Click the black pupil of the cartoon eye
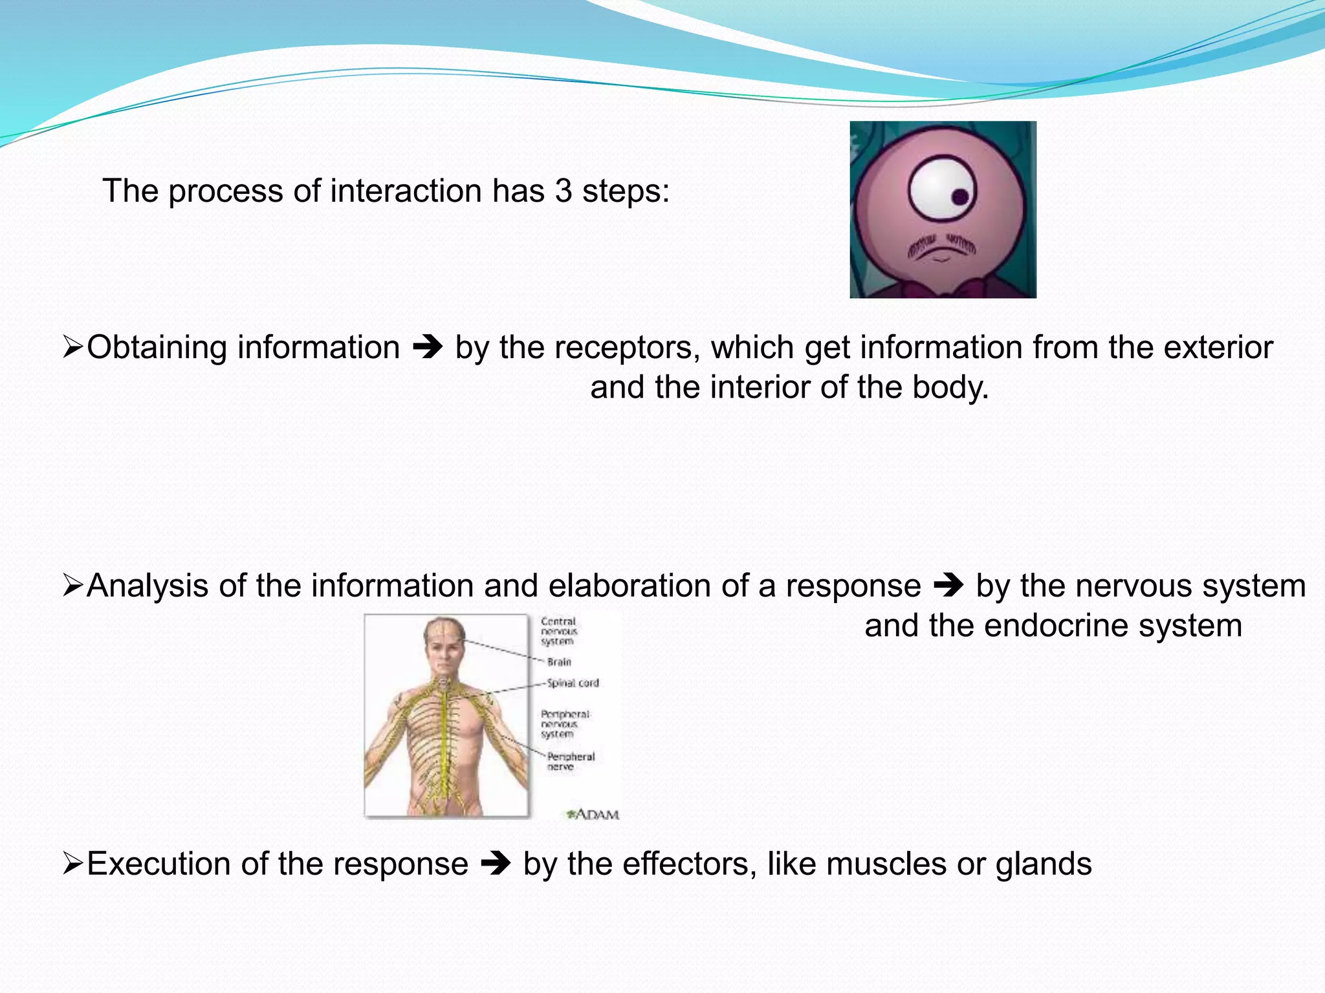(961, 197)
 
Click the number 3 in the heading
(564, 191)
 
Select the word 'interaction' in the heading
(406, 191)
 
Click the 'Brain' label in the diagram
(559, 662)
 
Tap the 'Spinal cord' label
(573, 683)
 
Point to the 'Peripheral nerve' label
(570, 762)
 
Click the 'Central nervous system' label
(558, 632)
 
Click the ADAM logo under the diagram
(593, 815)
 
